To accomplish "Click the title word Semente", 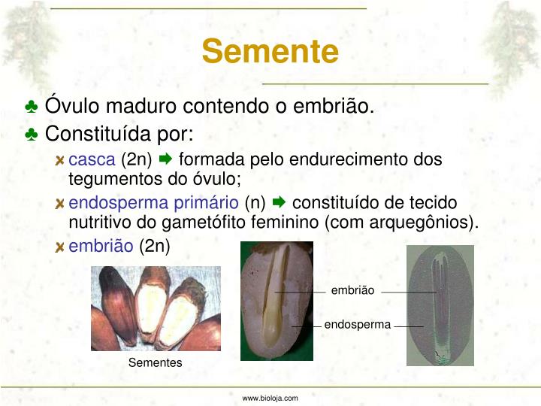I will point(270,52).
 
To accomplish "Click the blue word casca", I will point(92,159).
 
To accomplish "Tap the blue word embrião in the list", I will point(101,246).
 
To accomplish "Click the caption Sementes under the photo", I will point(156,362).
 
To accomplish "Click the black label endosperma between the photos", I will point(358,325).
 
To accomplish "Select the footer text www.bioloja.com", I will point(270,398).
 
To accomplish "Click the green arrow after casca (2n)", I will point(166,159).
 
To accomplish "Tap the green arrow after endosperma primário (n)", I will point(279,203).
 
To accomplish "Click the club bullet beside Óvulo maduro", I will point(32,107).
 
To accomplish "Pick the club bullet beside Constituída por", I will point(32,135).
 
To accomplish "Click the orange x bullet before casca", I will point(60,160).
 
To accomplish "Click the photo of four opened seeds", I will point(156,308).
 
